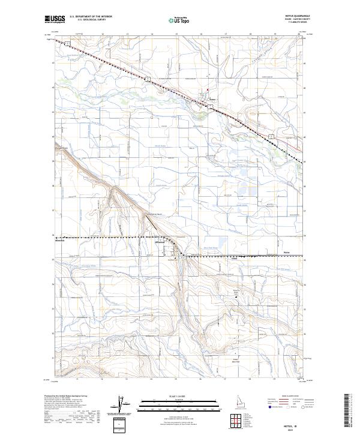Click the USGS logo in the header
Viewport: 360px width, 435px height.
[54, 19]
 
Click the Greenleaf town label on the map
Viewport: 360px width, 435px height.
[177, 243]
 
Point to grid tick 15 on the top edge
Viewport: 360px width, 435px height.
[176, 35]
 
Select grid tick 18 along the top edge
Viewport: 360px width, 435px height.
[250, 35]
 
